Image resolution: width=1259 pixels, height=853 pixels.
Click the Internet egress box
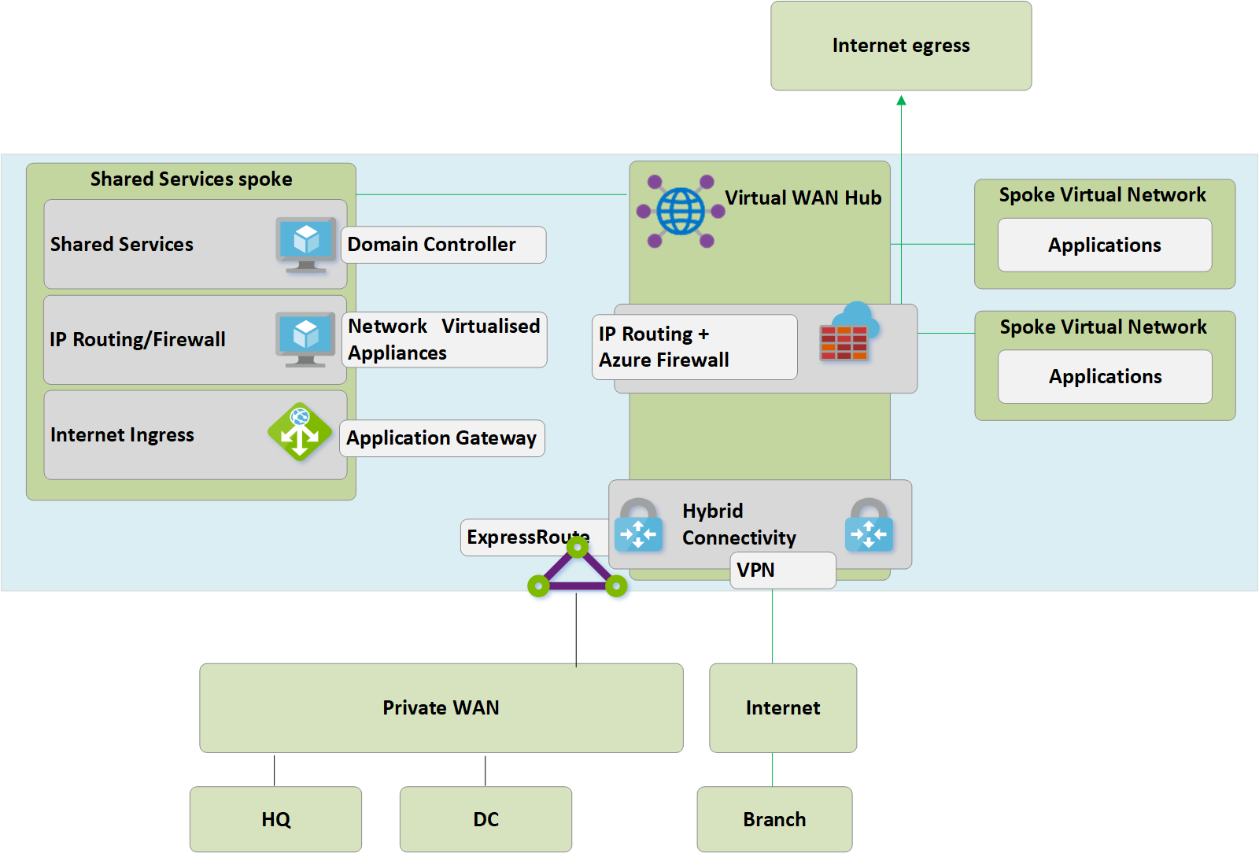(x=901, y=46)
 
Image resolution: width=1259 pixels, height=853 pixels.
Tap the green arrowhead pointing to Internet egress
(x=901, y=101)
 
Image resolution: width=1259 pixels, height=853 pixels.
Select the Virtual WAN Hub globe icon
(x=681, y=211)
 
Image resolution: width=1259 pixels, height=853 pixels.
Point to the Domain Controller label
(x=443, y=245)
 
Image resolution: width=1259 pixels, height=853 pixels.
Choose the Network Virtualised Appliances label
(x=445, y=339)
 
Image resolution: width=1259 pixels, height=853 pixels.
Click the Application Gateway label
(x=441, y=438)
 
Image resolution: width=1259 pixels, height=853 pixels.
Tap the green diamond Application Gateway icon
(x=300, y=432)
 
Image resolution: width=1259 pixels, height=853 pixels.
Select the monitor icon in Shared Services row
(x=306, y=244)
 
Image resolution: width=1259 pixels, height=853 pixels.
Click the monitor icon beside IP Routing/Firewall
(x=306, y=339)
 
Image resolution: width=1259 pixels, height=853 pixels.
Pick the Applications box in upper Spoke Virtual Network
(x=1104, y=246)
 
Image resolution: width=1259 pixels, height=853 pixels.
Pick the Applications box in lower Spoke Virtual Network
(x=1105, y=377)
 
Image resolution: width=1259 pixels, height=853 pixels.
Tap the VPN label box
(x=783, y=571)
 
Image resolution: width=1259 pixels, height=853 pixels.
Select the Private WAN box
(x=441, y=708)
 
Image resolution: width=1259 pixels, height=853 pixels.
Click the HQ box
(x=275, y=819)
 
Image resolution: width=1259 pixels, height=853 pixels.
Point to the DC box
(x=486, y=819)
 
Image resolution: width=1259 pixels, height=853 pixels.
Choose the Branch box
(x=774, y=819)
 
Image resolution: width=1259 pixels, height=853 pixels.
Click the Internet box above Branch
(x=783, y=708)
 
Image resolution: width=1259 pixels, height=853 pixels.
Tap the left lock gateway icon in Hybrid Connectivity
(x=638, y=526)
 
